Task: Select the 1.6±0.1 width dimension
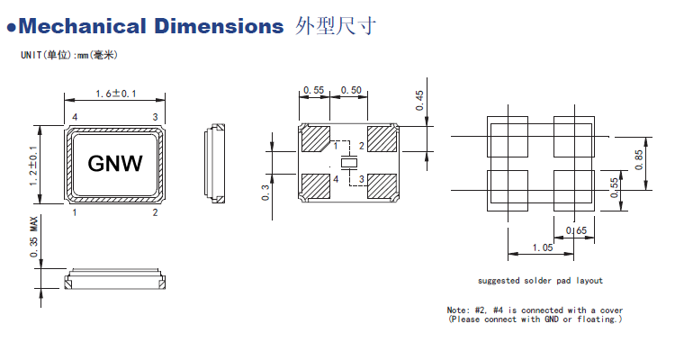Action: (115, 94)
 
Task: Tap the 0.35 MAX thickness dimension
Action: (33, 238)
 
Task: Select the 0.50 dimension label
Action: (352, 90)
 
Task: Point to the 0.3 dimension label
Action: (267, 193)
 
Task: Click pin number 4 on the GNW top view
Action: (75, 118)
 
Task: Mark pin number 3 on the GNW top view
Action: (155, 118)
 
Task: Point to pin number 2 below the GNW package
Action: (155, 213)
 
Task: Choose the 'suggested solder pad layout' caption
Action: (540, 281)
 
